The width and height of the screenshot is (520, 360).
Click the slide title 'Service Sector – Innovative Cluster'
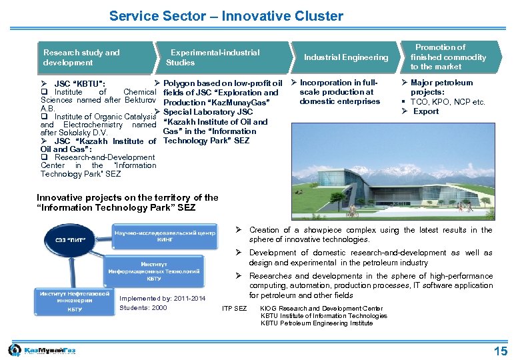tap(226, 16)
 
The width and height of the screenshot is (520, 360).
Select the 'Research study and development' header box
tap(82, 57)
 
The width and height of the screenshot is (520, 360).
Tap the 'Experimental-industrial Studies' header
tap(213, 57)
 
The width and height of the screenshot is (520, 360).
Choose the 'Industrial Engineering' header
tap(345, 57)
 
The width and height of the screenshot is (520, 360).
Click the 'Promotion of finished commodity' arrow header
tap(448, 57)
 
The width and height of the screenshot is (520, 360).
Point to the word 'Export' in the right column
tap(426, 111)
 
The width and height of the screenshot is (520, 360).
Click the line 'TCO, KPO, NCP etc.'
tap(448, 102)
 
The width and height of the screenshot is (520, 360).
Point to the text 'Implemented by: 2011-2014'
tap(163, 298)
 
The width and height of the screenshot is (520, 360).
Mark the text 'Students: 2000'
tap(143, 307)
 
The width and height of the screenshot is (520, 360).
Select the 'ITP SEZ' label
tap(234, 309)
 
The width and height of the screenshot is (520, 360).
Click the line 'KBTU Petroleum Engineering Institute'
tap(317, 323)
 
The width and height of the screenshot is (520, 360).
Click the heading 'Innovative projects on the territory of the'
tap(127, 197)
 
